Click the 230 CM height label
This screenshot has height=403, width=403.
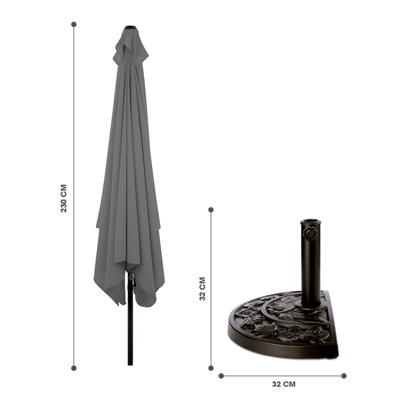tap(64, 199)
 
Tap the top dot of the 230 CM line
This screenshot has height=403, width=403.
tap(74, 24)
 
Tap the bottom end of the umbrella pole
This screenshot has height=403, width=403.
tap(130, 365)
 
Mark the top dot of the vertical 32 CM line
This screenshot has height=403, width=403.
tap(211, 210)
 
